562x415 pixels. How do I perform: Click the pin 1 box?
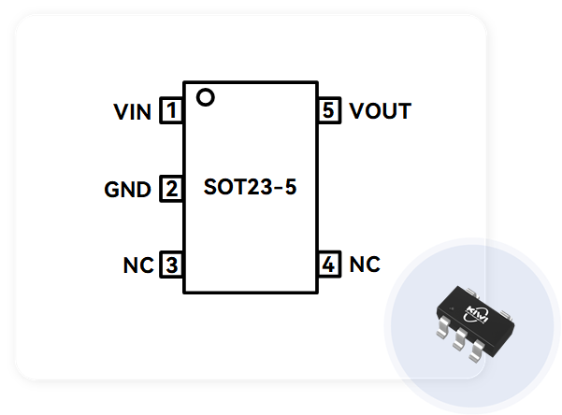(171, 112)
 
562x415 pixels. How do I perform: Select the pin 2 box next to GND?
(171, 189)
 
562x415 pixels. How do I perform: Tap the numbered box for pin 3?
(171, 265)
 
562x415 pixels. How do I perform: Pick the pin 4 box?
(327, 265)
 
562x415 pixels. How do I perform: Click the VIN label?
(133, 112)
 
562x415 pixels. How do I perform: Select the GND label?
(128, 190)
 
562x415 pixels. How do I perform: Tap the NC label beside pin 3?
(137, 265)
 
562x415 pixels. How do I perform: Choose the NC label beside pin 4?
(365, 265)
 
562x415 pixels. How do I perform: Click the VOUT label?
(380, 112)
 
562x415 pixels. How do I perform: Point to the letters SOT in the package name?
(223, 187)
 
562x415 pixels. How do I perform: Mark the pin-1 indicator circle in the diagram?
(206, 96)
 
